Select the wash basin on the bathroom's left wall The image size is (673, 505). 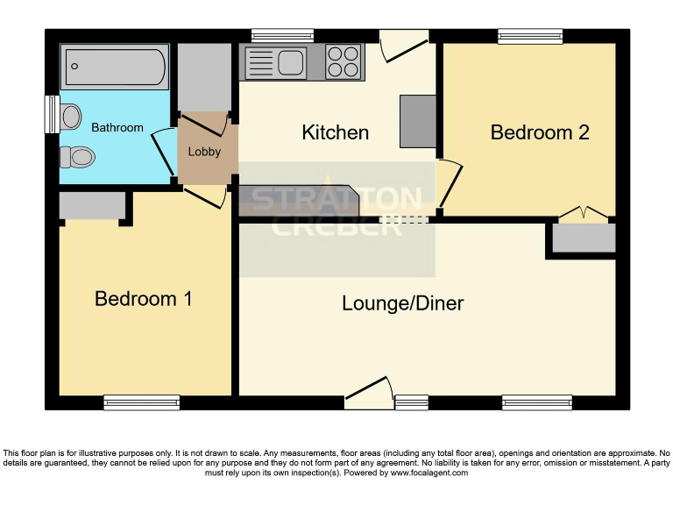click(x=70, y=115)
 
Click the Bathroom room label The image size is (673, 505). click(x=117, y=128)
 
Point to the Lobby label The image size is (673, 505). click(x=204, y=152)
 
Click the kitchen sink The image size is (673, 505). click(x=275, y=62)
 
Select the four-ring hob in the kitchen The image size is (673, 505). click(x=344, y=61)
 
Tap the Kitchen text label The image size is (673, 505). click(x=335, y=132)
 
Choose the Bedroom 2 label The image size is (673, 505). click(x=539, y=132)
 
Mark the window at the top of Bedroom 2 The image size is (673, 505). click(x=530, y=36)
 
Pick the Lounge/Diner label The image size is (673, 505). click(x=402, y=303)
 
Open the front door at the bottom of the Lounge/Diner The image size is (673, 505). click(x=367, y=395)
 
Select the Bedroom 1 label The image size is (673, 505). click(x=143, y=299)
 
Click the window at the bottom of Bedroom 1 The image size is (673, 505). click(x=141, y=402)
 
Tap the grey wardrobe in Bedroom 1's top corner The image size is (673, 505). click(x=92, y=206)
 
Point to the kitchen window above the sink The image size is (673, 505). click(x=282, y=36)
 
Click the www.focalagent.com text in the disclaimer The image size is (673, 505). click(x=429, y=473)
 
